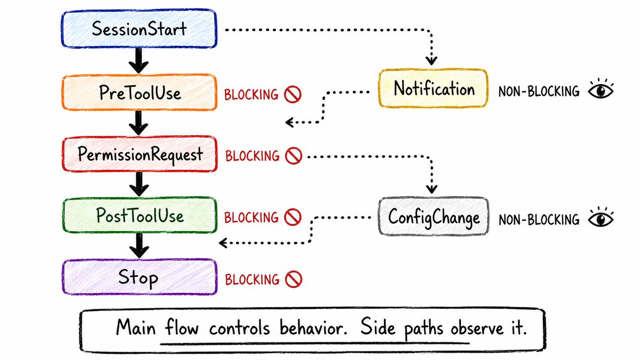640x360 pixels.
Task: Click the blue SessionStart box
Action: pos(139,29)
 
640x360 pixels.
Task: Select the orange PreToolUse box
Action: pos(139,93)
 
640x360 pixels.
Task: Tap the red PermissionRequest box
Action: pos(140,154)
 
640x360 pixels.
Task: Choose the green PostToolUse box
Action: pos(140,215)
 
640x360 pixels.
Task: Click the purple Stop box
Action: pos(139,277)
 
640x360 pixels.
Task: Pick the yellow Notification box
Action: pos(433,88)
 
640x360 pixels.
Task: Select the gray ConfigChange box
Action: pos(433,217)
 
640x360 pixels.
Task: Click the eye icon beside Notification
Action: pos(601,90)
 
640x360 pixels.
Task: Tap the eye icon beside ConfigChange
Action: pos(601,219)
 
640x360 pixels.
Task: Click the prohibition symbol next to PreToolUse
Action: pos(293,94)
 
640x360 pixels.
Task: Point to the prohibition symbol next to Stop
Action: pos(294,279)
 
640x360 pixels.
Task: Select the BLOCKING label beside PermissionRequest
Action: pos(252,156)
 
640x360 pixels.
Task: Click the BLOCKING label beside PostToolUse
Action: pos(251,217)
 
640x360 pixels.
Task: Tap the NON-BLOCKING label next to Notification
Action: pos(539,91)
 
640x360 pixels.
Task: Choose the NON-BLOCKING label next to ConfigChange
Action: pos(539,220)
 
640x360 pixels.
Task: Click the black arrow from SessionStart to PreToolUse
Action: pos(139,61)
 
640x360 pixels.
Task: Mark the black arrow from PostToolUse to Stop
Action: pos(139,245)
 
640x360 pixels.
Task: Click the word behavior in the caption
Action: pos(313,328)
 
